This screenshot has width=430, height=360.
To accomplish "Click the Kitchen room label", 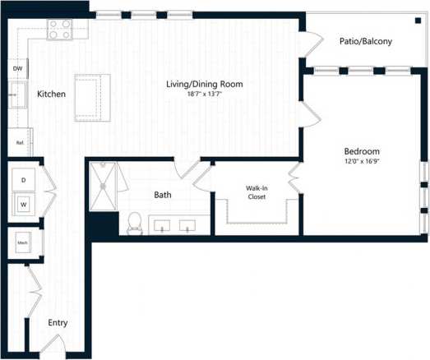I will click(51, 95).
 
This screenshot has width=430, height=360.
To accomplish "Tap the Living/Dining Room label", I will click(206, 84).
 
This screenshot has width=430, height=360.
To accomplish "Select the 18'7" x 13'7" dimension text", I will click(205, 95).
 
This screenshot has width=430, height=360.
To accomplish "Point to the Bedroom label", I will click(361, 151).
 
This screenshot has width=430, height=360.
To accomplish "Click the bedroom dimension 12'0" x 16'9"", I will click(361, 161).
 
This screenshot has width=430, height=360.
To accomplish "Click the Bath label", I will click(163, 195).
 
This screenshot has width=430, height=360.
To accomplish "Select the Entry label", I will click(57, 322).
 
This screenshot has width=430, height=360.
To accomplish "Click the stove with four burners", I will click(59, 30).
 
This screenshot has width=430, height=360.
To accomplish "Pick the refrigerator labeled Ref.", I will click(19, 141).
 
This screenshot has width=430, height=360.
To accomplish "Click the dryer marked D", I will click(23, 179).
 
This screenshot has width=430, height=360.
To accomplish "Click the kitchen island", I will click(92, 97).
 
